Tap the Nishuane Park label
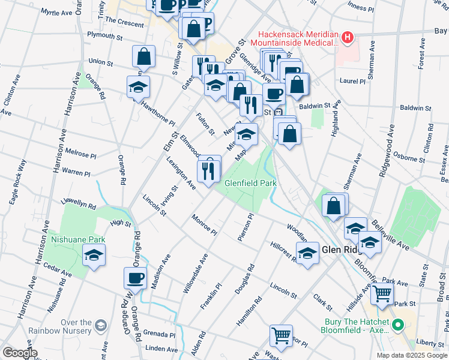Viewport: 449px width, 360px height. pyautogui.click(x=78, y=239)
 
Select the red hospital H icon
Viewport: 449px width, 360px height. pyautogui.click(x=346, y=38)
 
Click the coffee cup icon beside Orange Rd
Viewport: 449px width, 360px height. pyautogui.click(x=135, y=278)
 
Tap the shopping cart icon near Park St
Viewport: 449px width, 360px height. pyautogui.click(x=381, y=294)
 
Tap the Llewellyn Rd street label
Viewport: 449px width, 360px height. pyautogui.click(x=79, y=206)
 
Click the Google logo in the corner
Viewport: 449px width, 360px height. pyautogui.click(x=20, y=353)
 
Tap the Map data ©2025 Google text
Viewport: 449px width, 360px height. pyautogui.click(x=411, y=355)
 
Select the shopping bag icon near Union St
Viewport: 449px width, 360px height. pyautogui.click(x=144, y=57)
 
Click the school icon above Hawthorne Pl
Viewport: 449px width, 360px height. pyautogui.click(x=138, y=87)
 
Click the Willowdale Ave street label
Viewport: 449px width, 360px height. pyautogui.click(x=196, y=274)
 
